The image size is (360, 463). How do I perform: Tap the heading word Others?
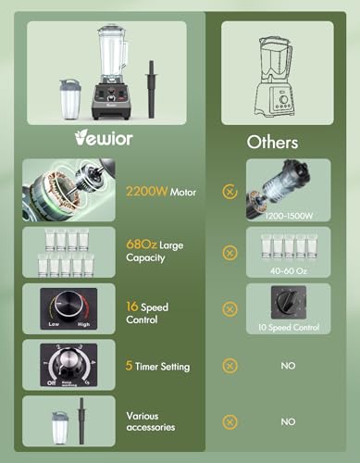point(272,143)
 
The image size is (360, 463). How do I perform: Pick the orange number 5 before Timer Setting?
point(130,367)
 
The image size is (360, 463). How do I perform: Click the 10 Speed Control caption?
point(288,327)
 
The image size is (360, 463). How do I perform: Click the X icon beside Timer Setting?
point(230,366)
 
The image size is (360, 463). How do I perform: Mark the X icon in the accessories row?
point(230,421)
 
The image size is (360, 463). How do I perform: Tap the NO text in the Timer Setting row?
point(288,366)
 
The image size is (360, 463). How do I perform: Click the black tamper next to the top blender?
point(151,89)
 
